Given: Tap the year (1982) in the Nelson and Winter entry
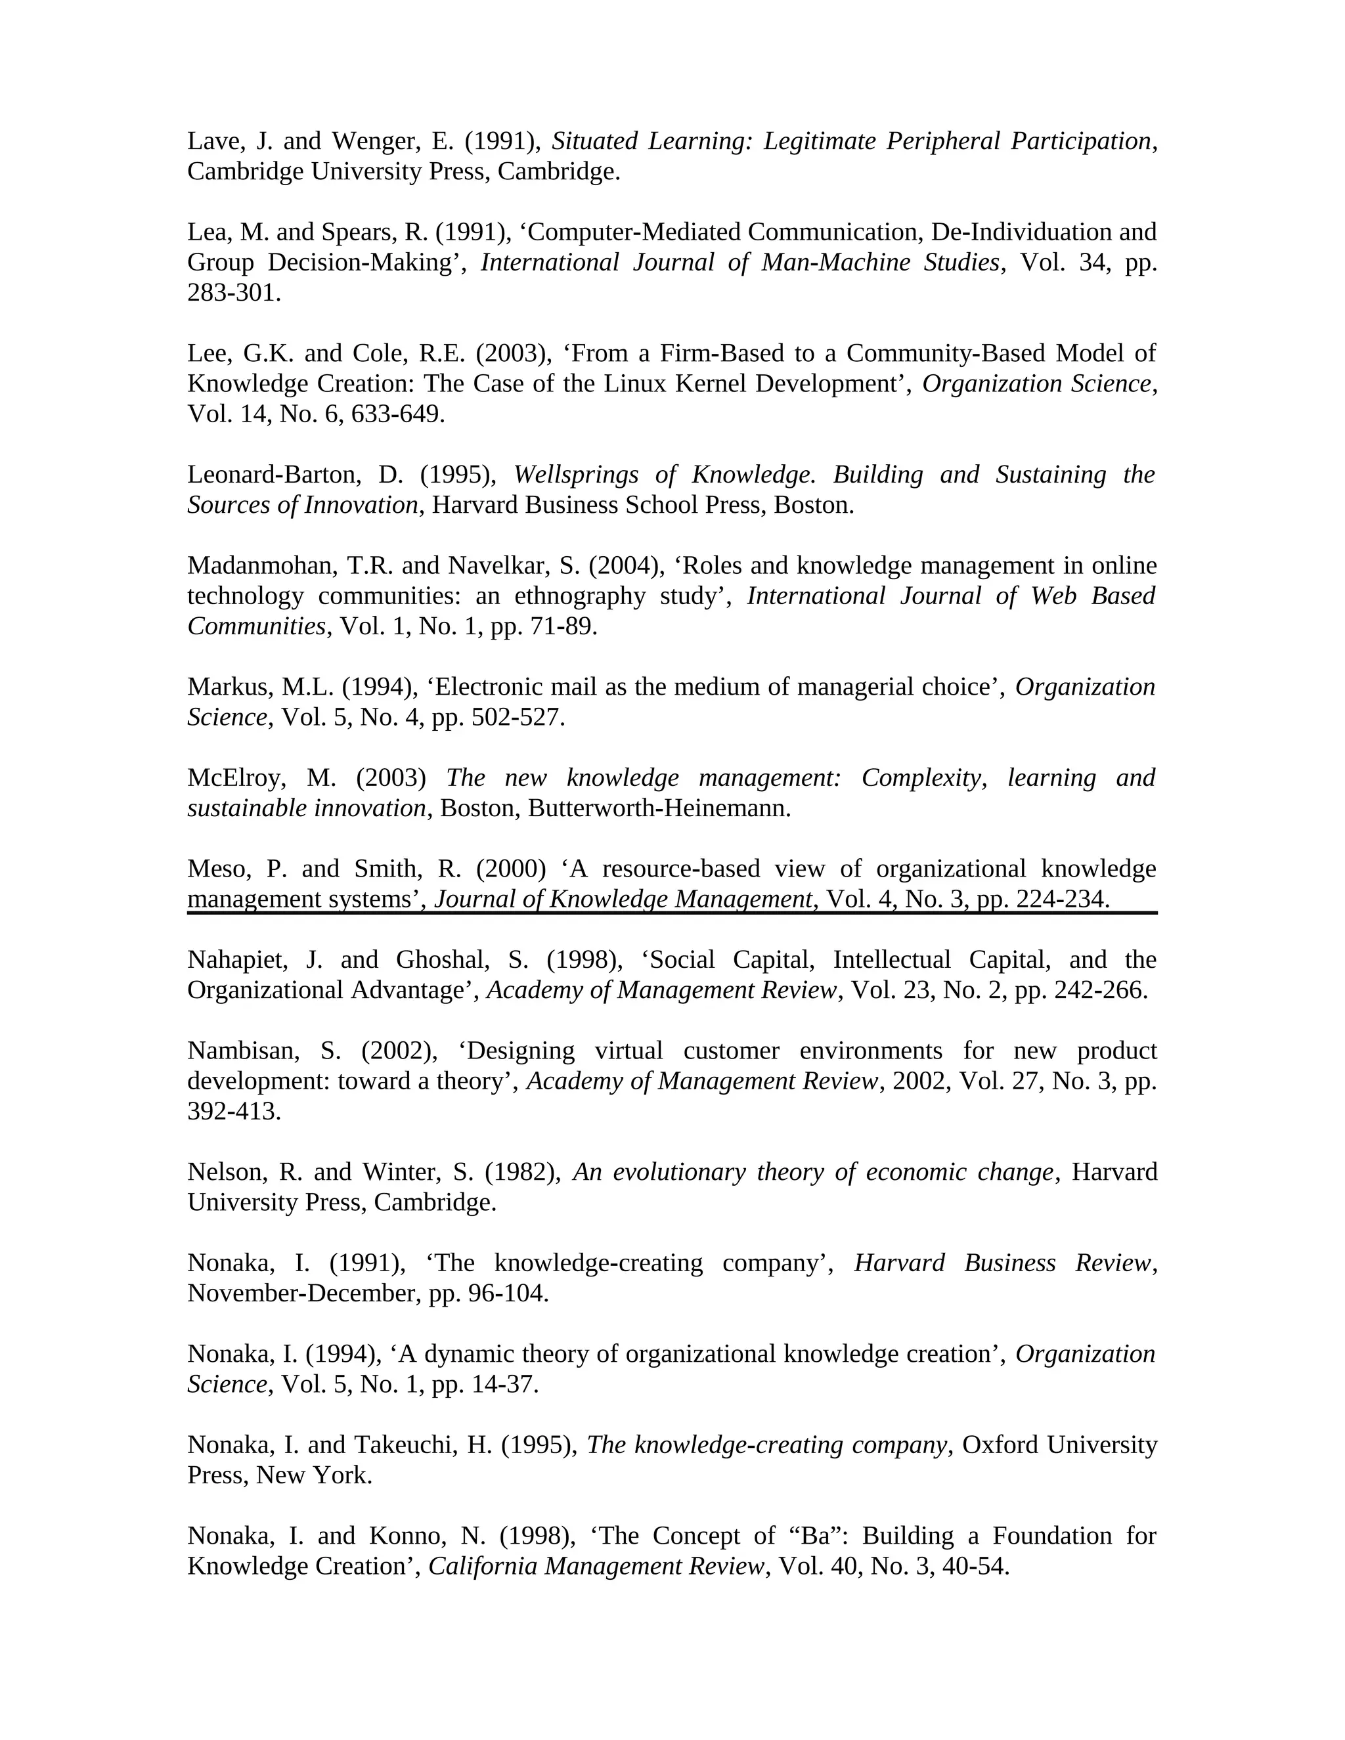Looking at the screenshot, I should click(519, 1172).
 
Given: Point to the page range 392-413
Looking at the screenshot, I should click(233, 1112).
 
